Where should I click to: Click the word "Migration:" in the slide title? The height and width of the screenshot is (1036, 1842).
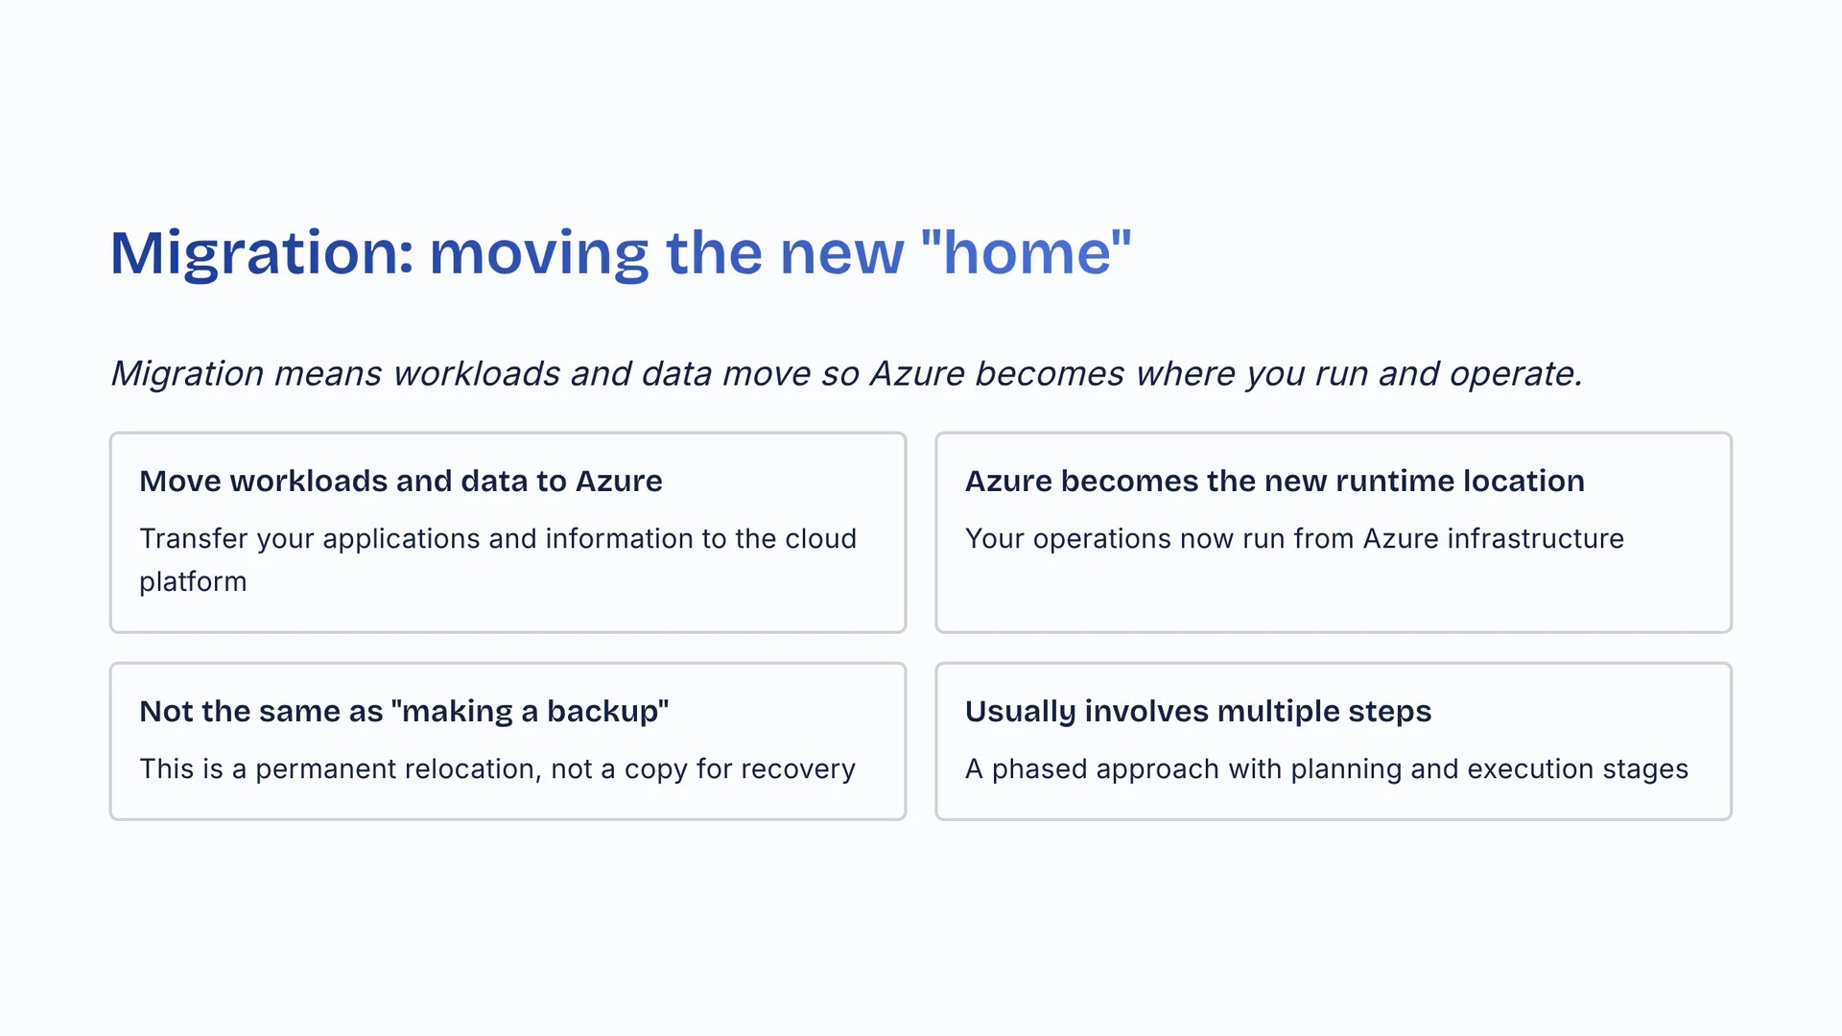pyautogui.click(x=262, y=254)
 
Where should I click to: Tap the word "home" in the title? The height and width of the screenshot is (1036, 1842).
pyautogui.click(x=1027, y=252)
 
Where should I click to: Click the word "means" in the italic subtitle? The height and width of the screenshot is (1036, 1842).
pyautogui.click(x=328, y=374)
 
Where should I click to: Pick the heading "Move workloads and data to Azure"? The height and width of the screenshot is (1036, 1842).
pyautogui.click(x=401, y=481)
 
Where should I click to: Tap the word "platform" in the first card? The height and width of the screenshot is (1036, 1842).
pyautogui.click(x=193, y=582)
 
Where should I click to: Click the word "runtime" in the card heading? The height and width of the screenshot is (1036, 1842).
pyautogui.click(x=1391, y=482)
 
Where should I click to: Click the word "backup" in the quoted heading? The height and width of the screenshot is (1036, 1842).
pyautogui.click(x=602, y=712)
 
